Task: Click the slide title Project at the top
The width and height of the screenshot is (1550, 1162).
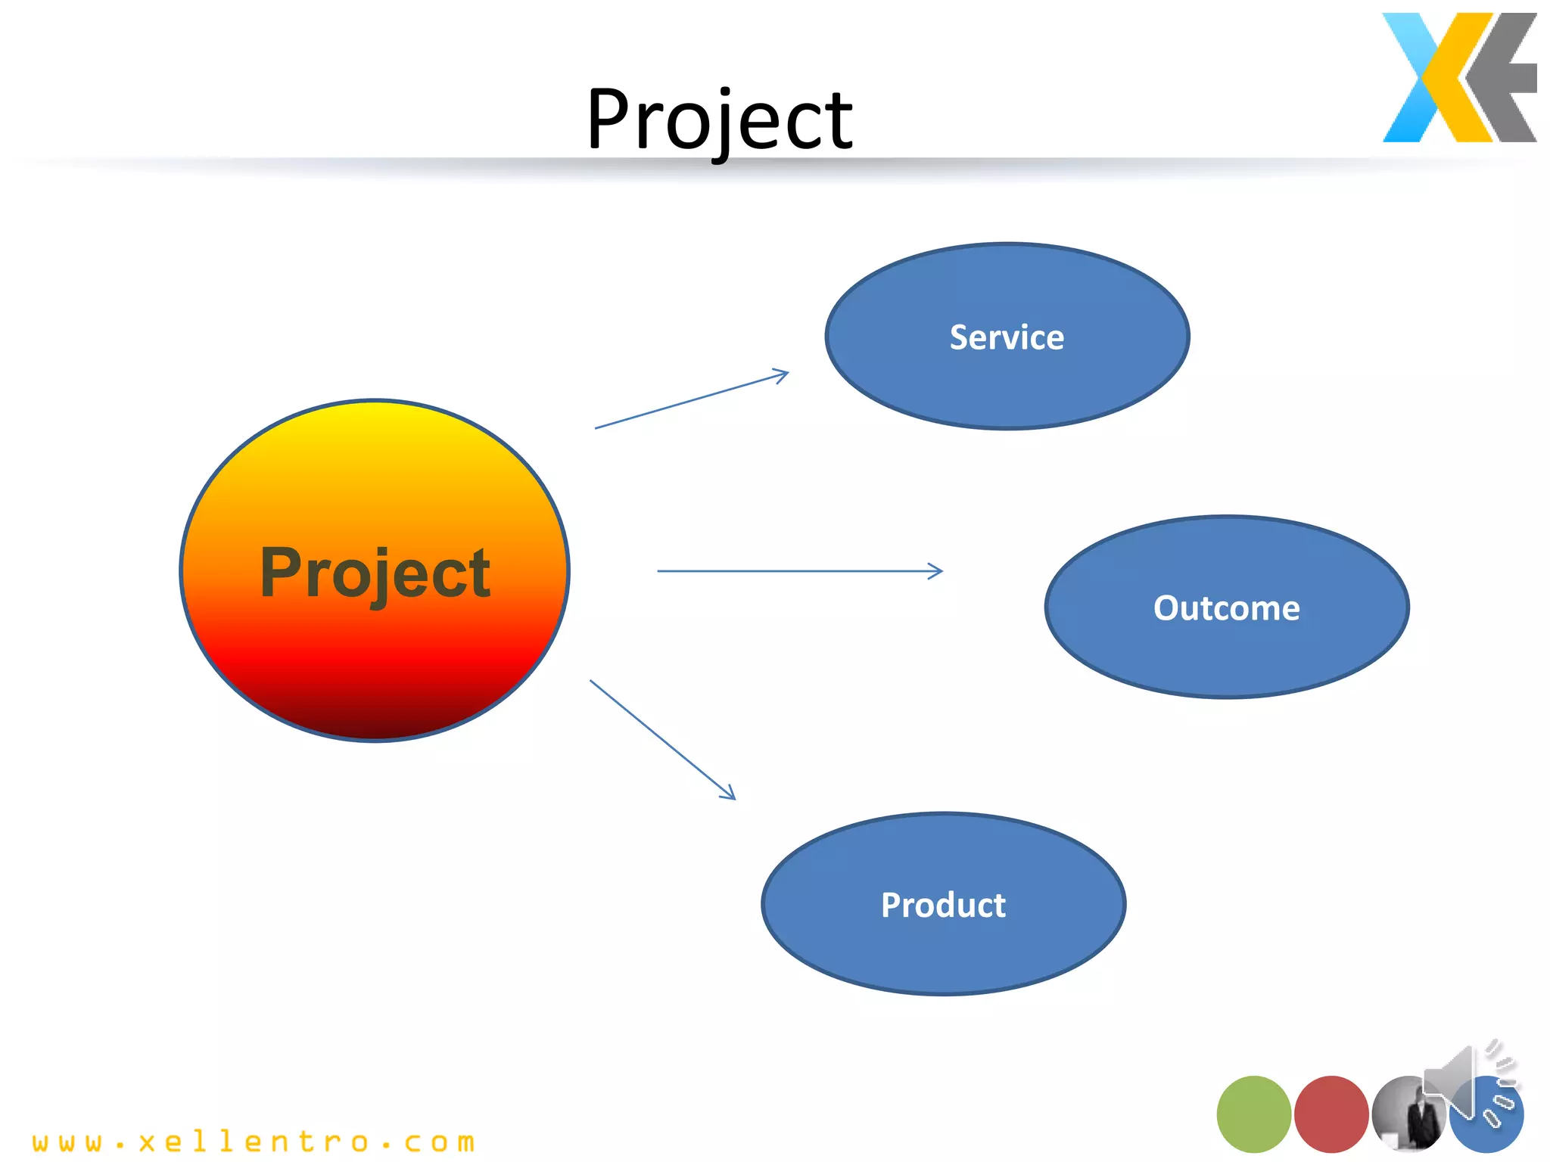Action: tap(719, 120)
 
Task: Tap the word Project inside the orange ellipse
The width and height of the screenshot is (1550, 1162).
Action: tap(375, 573)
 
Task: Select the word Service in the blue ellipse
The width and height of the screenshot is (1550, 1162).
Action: tap(1007, 337)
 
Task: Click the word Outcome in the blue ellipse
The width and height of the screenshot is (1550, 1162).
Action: tap(1226, 608)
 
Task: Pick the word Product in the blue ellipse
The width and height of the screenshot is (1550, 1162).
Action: tap(943, 906)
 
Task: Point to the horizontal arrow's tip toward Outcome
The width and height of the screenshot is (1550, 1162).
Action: tap(938, 571)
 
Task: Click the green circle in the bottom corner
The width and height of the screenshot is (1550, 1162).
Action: tap(1253, 1114)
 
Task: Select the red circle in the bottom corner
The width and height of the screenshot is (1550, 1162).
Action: tap(1331, 1114)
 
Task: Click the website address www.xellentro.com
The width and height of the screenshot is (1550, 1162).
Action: tap(254, 1142)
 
